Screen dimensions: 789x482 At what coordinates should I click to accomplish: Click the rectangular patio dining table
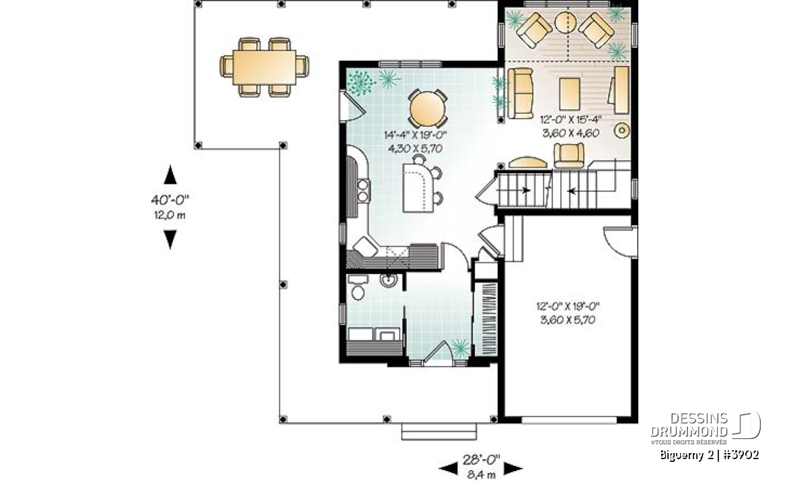[x=264, y=67]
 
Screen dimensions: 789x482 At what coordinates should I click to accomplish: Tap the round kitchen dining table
[x=426, y=108]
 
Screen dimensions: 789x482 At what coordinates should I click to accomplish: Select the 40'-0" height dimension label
[x=170, y=199]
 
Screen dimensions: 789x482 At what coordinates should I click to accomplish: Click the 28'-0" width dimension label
[x=481, y=459]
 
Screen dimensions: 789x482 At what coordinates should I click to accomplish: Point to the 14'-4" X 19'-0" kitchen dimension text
[x=416, y=135]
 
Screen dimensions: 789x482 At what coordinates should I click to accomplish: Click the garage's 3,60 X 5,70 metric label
[x=568, y=320]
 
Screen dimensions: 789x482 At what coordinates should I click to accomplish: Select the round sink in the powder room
[x=389, y=279]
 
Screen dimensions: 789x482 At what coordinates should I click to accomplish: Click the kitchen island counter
[x=416, y=187]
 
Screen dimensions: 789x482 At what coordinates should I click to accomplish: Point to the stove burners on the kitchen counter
[x=363, y=191]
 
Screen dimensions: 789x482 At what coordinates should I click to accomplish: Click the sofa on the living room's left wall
[x=521, y=94]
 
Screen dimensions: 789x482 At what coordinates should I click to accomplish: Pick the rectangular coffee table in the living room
[x=570, y=94]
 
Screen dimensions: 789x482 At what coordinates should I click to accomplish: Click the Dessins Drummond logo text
[x=689, y=425]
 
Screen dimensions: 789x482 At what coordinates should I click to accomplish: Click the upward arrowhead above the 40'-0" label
[x=171, y=174]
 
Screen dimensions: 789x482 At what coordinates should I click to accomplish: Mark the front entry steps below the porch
[x=439, y=432]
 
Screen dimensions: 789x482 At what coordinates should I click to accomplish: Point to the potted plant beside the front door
[x=460, y=347]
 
